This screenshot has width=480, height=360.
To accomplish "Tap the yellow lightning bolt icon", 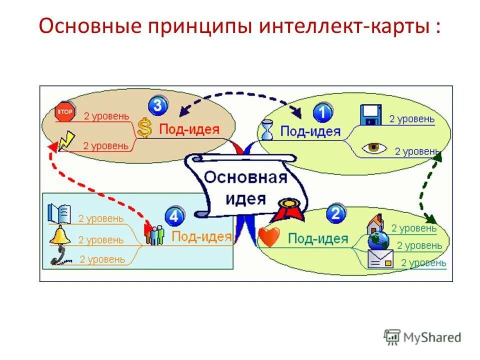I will tap(66, 141).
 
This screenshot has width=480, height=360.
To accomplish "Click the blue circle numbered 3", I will tap(157, 105).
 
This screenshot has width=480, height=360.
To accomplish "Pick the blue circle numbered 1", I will tap(323, 112).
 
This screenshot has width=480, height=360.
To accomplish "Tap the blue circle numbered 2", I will tap(336, 214).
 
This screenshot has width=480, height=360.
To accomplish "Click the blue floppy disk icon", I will tap(371, 114).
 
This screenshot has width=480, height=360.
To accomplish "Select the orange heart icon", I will tap(269, 237).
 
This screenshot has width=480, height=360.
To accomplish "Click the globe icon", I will tap(378, 240).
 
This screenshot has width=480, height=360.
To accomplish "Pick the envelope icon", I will tap(380, 259).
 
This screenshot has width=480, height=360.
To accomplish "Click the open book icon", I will tap(59, 213).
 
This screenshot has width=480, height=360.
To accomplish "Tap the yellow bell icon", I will tap(59, 235).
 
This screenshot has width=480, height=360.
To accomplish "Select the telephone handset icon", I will tap(60, 257).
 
